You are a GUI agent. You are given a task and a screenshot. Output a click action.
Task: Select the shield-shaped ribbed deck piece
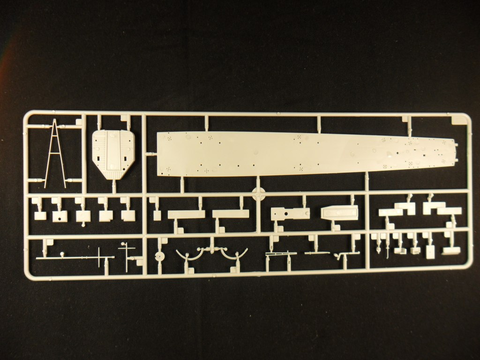113,153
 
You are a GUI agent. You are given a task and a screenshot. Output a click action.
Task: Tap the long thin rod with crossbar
75,257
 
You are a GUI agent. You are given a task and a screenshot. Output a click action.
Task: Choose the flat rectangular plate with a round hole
290,214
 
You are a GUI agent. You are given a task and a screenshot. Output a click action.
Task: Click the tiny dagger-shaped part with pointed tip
378,247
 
